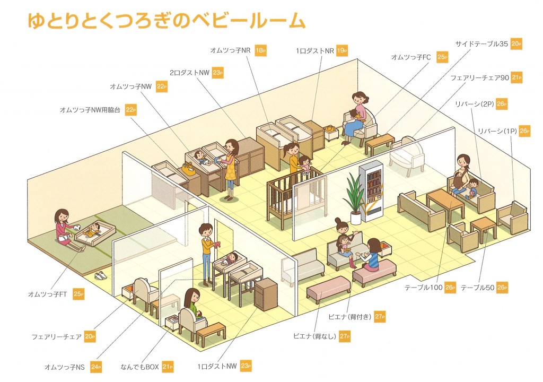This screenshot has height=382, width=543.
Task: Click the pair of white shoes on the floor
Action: coord(101,275)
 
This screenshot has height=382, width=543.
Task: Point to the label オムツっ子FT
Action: coord(47,294)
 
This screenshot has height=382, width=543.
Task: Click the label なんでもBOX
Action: coord(139,367)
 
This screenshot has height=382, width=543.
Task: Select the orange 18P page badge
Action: coord(260,50)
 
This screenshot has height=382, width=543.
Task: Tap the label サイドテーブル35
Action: coord(481,44)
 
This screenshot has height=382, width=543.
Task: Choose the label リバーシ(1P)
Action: coord(497,131)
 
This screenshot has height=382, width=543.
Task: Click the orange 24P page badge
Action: coord(96,367)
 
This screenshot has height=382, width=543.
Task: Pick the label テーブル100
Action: coord(424,288)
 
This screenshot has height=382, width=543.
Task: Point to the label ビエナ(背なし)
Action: coord(314,336)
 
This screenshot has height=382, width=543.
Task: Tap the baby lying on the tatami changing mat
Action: coord(91,230)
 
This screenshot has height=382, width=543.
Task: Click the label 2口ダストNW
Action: coord(189,73)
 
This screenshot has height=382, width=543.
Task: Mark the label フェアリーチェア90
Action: coord(479,78)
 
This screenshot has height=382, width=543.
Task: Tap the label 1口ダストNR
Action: coord(315,51)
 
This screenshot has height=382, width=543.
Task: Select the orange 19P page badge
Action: coord(342,50)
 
